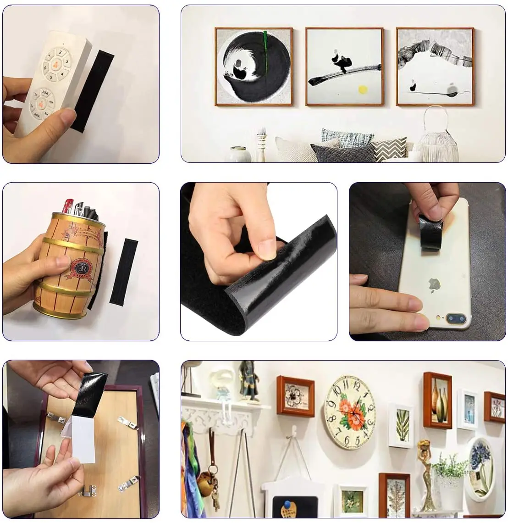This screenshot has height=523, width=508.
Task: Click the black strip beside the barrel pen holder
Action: pos(122,271)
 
